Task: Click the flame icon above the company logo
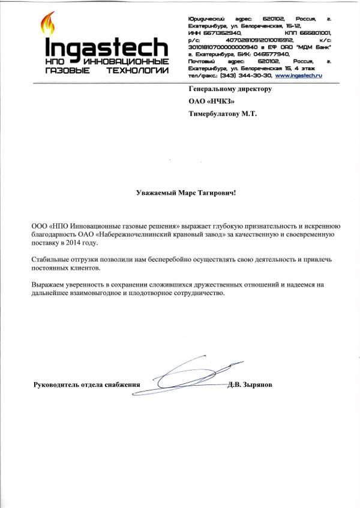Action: [47, 25]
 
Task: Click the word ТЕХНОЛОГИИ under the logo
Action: [136, 70]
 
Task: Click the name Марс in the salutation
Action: [184, 193]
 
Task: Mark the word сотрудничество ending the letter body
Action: [195, 294]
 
